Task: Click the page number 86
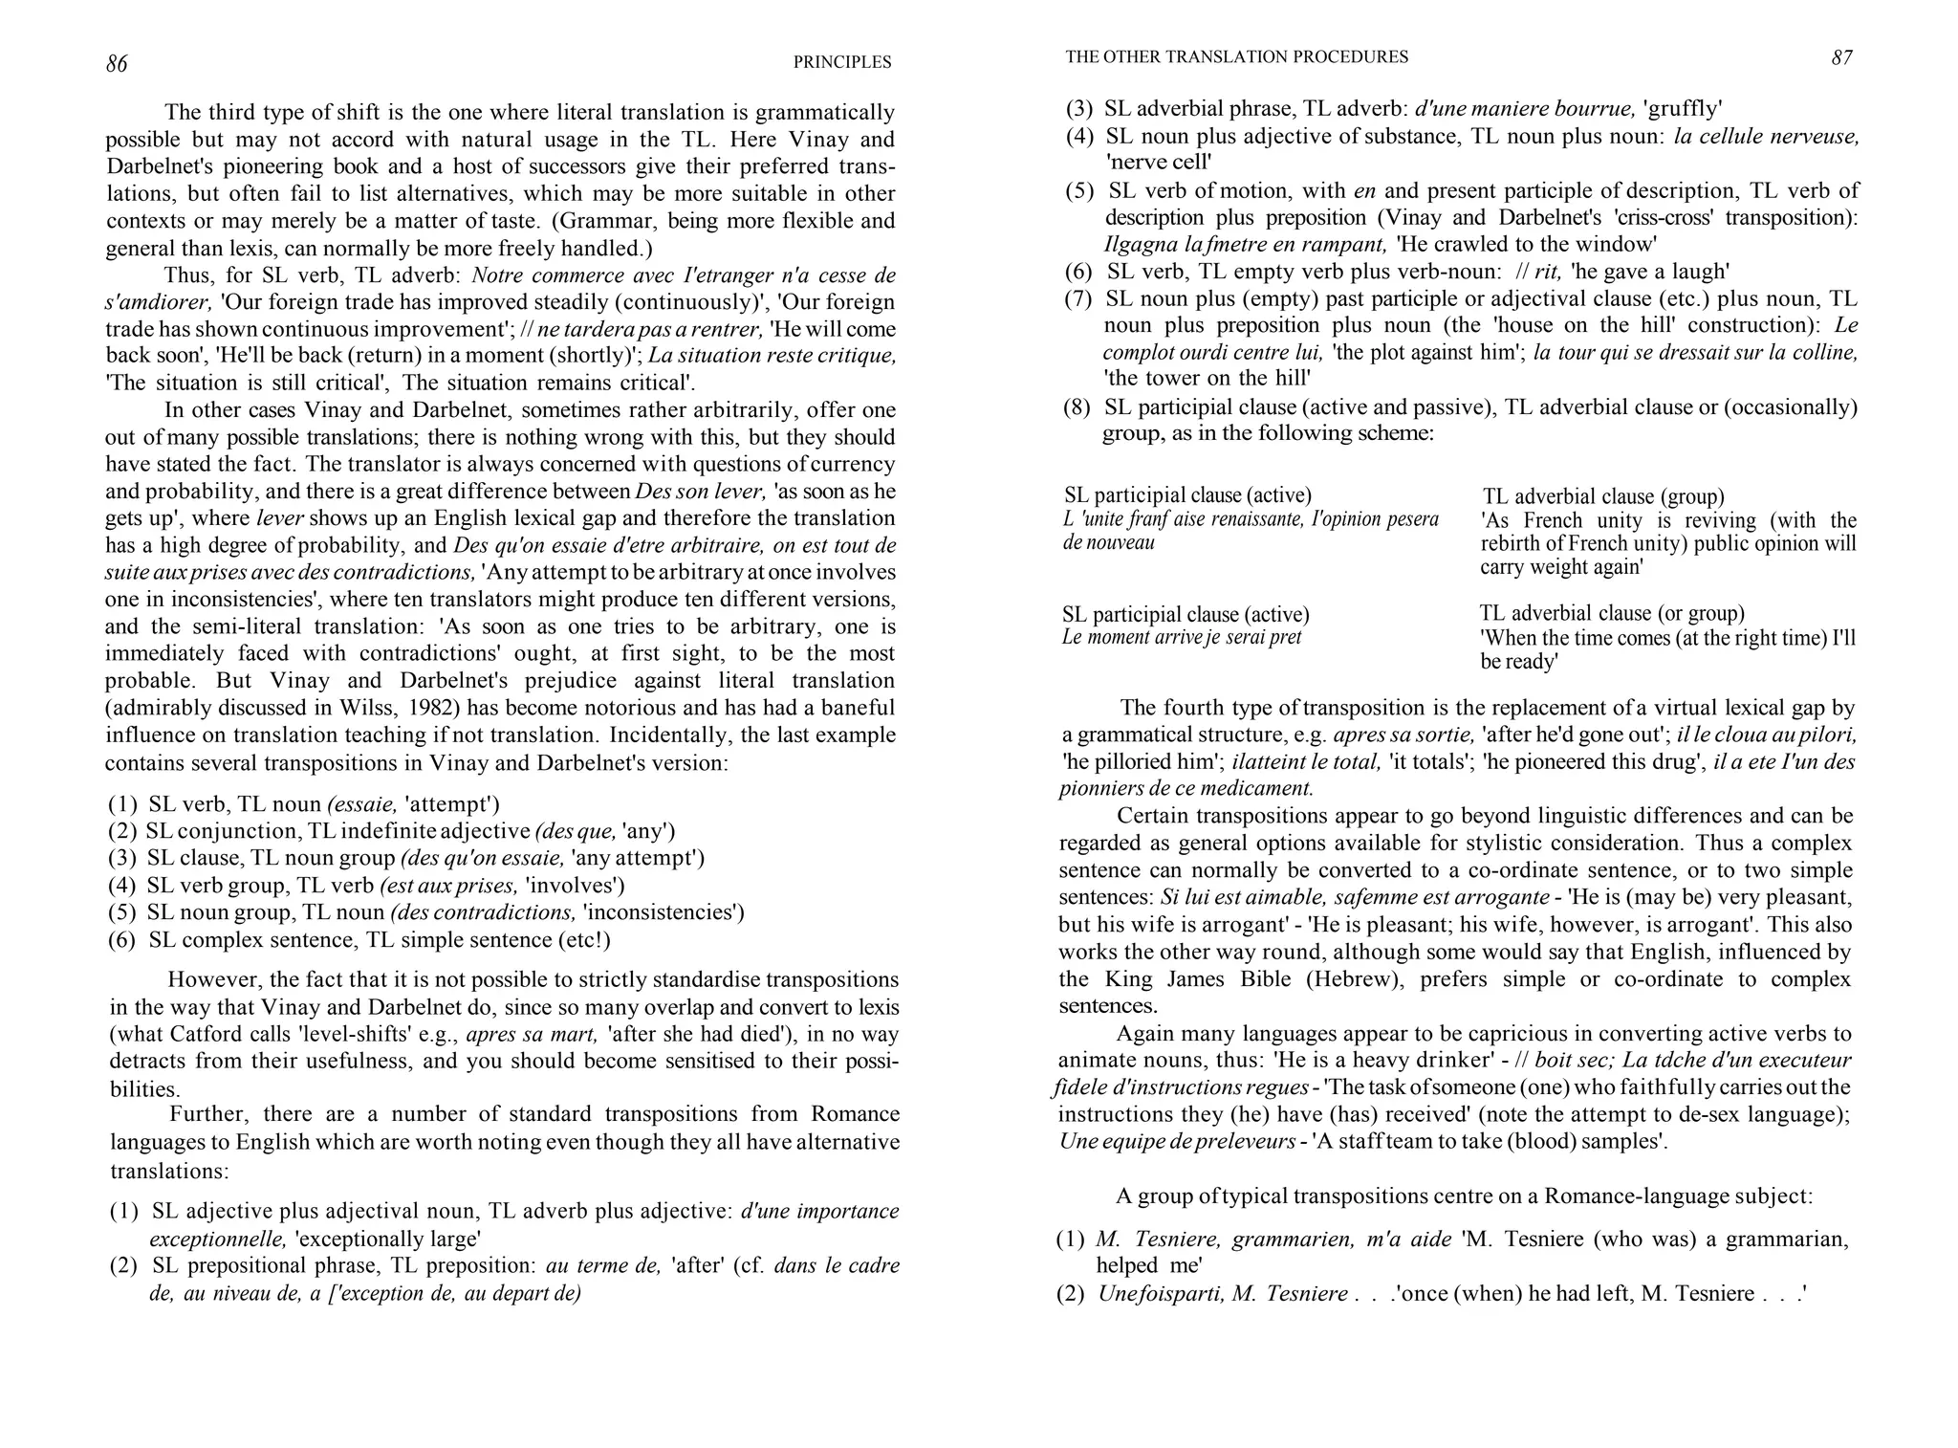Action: (116, 64)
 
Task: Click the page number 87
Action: (1841, 57)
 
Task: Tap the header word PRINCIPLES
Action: (841, 62)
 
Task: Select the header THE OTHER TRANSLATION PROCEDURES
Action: (1236, 56)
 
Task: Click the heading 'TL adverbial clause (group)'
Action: (1603, 496)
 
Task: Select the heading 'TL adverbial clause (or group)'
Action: (1612, 613)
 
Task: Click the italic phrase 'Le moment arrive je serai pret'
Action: (1182, 637)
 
